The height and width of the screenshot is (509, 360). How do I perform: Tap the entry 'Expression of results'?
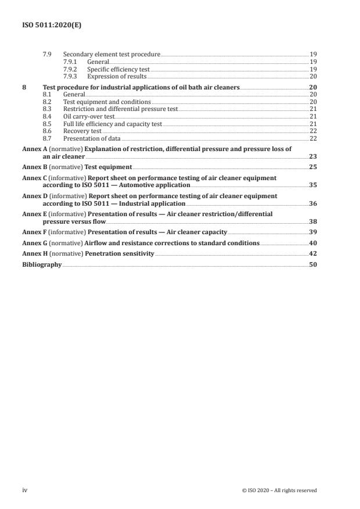[x=117, y=77]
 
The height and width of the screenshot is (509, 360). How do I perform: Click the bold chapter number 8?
[x=24, y=86]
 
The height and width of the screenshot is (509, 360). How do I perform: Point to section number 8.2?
[x=48, y=101]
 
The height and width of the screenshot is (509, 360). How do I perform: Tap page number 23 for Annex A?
[x=312, y=157]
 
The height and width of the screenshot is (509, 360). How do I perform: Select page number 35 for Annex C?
[x=312, y=185]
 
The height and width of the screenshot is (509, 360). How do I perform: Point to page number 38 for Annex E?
[x=312, y=222]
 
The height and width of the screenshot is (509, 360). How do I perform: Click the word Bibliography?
[x=42, y=264]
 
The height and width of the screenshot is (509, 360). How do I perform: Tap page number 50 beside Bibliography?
[x=312, y=264]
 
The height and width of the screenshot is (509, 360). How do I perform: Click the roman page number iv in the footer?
[x=25, y=490]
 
